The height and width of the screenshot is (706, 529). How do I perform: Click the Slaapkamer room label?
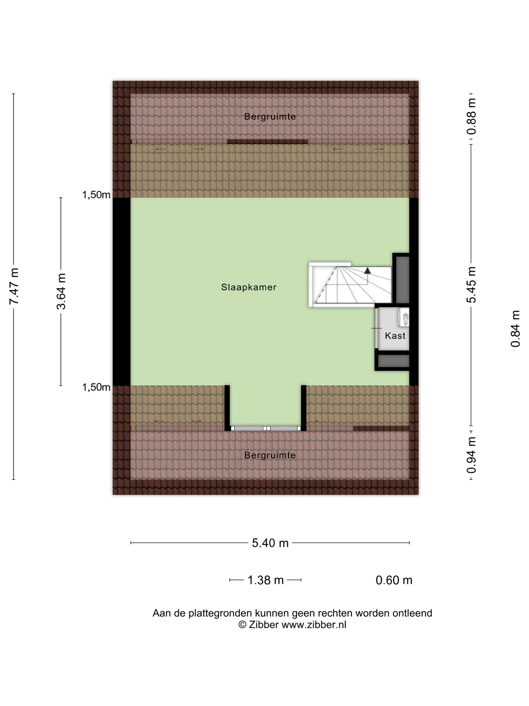[249, 287]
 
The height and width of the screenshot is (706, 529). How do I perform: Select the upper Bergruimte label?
[270, 116]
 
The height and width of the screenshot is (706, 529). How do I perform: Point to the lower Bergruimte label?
[270, 455]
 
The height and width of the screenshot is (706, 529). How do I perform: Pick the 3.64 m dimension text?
[61, 291]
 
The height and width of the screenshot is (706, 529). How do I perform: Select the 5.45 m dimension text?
[471, 285]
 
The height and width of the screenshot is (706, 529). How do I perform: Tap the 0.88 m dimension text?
[471, 116]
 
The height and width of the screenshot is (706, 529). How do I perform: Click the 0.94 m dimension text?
[471, 455]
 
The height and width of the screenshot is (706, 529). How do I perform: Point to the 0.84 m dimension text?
[515, 329]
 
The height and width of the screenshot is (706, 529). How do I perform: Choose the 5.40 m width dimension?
[270, 543]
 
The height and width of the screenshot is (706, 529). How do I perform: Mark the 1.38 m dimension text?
[266, 580]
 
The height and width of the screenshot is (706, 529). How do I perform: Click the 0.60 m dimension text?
[394, 580]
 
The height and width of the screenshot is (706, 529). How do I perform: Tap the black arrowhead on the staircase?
[368, 271]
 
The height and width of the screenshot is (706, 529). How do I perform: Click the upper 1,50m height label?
[96, 194]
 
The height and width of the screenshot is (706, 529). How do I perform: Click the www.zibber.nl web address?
[314, 625]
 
